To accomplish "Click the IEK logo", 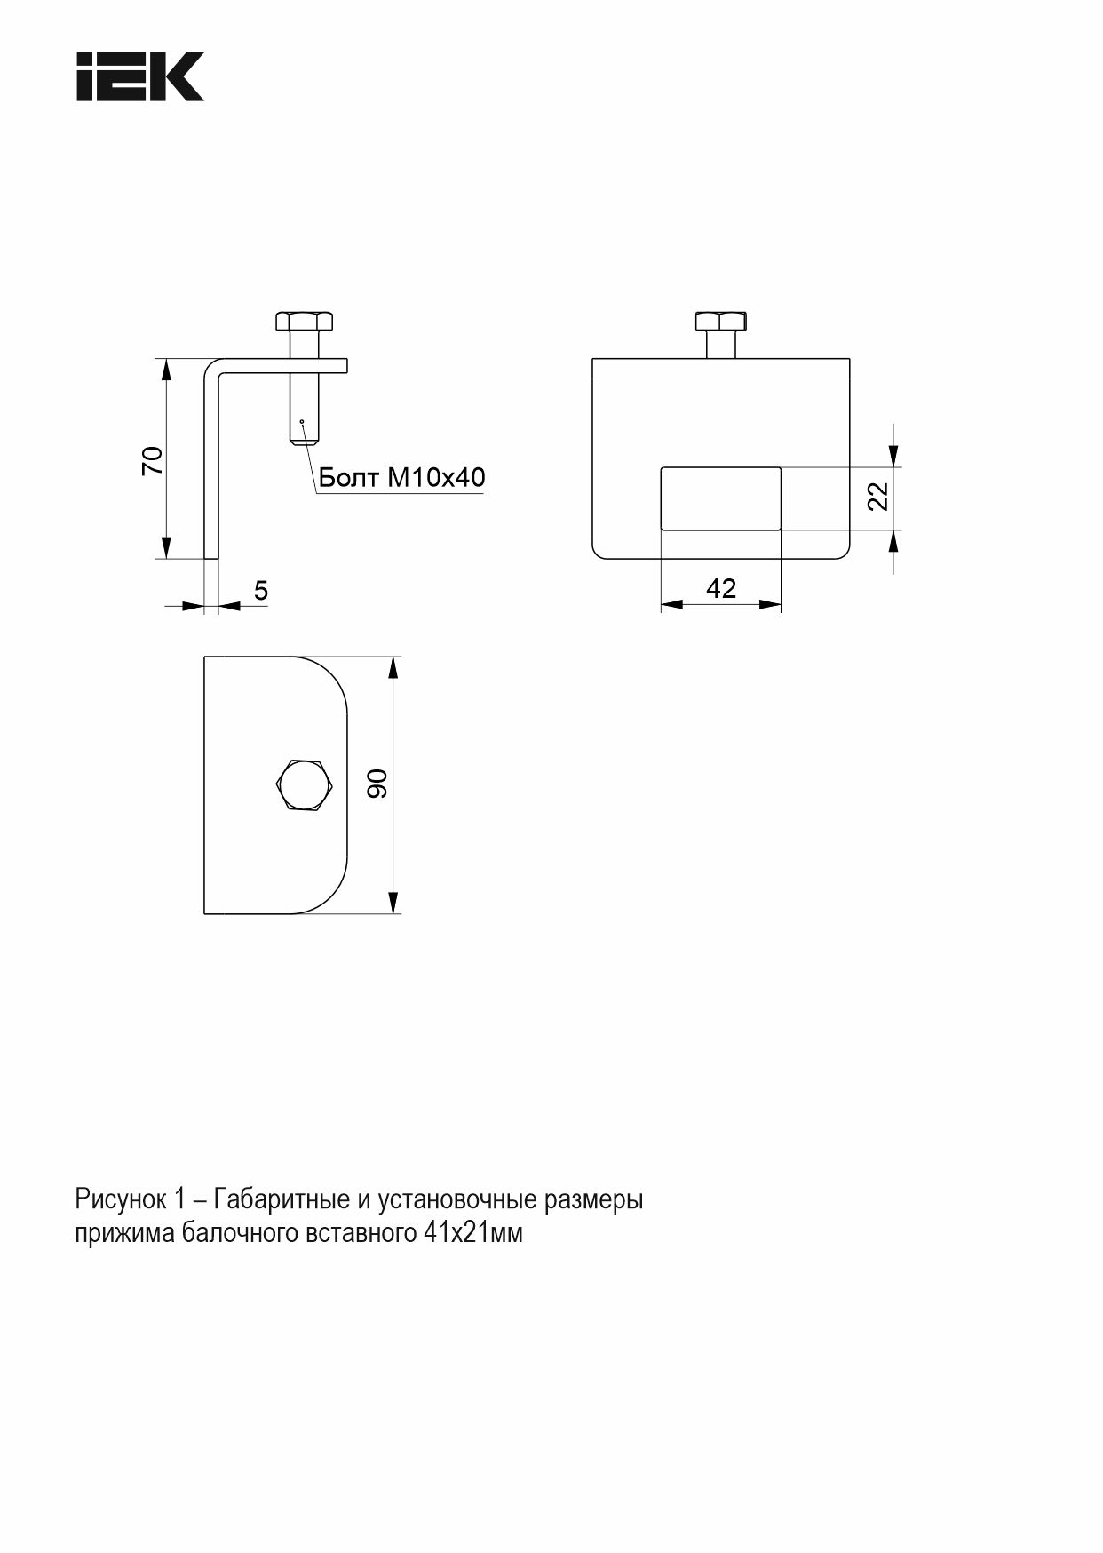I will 139,76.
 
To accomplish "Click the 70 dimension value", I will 153,459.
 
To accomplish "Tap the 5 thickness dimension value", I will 261,591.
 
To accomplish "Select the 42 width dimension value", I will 720,589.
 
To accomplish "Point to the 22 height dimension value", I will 877,496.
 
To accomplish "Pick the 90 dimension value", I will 378,784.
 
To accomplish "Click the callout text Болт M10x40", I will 401,478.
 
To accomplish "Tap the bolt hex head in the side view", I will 304,320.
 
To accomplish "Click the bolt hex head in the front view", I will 720,321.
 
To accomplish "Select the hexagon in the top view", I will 304,785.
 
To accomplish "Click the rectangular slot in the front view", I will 720,498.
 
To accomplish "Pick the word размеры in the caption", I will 593,1200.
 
